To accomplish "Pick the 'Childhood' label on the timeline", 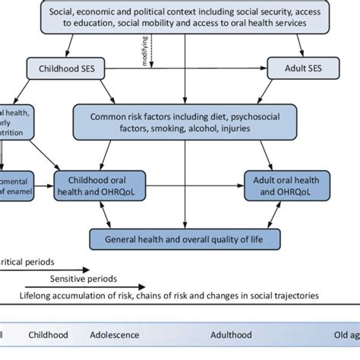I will pos(48,334).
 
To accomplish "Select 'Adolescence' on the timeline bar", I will pos(115,334).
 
